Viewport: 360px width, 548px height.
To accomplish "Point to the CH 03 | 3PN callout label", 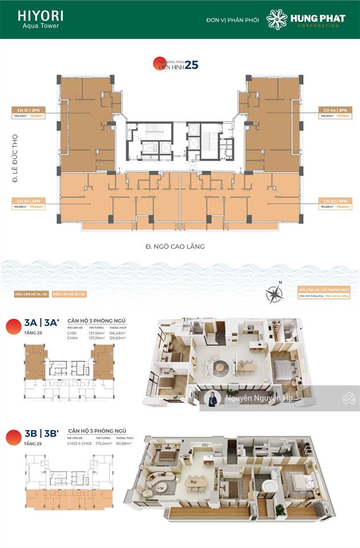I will (334, 202).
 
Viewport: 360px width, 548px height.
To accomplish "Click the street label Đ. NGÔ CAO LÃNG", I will (175, 247).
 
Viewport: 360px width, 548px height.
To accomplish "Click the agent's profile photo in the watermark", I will (212, 399).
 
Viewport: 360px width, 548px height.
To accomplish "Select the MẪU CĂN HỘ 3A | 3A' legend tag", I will (31, 295).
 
